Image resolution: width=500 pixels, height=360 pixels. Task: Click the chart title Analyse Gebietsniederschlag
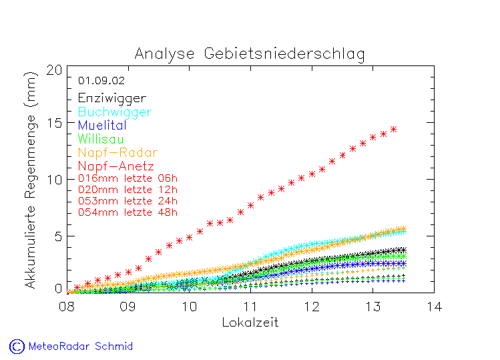pos(250,53)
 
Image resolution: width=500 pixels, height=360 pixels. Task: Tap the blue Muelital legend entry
pos(101,126)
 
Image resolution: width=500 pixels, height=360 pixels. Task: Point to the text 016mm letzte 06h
pos(128,178)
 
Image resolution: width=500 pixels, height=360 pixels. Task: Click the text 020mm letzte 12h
pos(128,190)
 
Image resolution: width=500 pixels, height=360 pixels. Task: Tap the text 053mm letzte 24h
pos(128,201)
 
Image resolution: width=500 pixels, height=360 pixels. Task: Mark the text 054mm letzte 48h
pos(128,212)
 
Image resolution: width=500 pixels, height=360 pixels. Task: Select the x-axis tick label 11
pos(250,307)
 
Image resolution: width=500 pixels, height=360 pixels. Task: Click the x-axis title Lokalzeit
pos(250,323)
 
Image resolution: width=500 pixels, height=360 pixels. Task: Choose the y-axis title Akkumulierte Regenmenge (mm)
pos(31,180)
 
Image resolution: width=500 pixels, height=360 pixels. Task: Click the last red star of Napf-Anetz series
pos(393,130)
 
